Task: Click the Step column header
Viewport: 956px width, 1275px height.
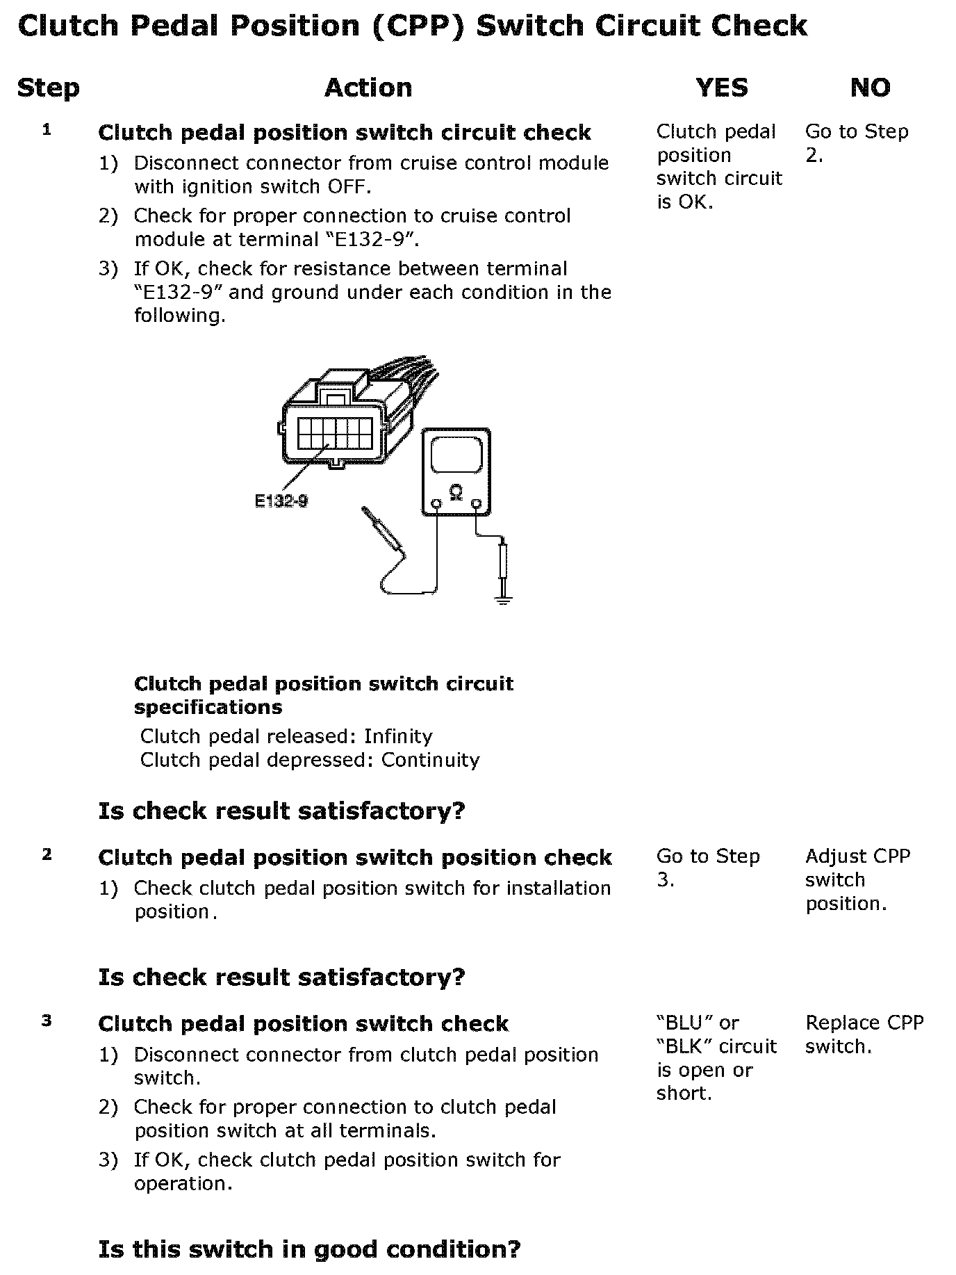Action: click(x=48, y=88)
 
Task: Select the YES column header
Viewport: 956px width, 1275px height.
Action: click(x=722, y=88)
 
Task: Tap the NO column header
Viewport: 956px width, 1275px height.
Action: click(x=870, y=88)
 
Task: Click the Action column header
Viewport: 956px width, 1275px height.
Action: click(x=368, y=88)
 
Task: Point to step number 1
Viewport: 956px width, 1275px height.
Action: click(x=47, y=129)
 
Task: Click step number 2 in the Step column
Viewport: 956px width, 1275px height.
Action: click(x=47, y=854)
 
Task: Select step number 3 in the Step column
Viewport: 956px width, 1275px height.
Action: click(x=47, y=1021)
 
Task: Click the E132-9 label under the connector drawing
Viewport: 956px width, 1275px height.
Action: click(x=281, y=501)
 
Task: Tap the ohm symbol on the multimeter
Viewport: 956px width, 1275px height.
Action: click(x=456, y=492)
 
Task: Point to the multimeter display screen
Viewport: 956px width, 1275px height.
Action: click(x=456, y=456)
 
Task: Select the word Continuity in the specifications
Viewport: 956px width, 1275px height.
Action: click(x=430, y=760)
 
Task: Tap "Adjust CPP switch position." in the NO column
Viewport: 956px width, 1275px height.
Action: click(x=857, y=879)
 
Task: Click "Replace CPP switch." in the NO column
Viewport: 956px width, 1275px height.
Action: click(x=864, y=1034)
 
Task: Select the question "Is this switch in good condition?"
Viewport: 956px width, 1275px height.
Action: click(x=309, y=1249)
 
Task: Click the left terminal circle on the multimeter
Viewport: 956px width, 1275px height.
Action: click(x=436, y=503)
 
